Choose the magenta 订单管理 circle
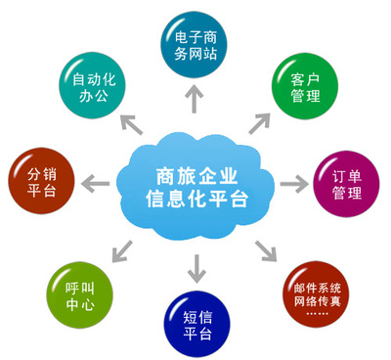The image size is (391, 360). click(348, 183)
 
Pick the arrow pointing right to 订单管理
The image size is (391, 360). click(293, 183)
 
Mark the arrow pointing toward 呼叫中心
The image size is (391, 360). click(121, 249)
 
